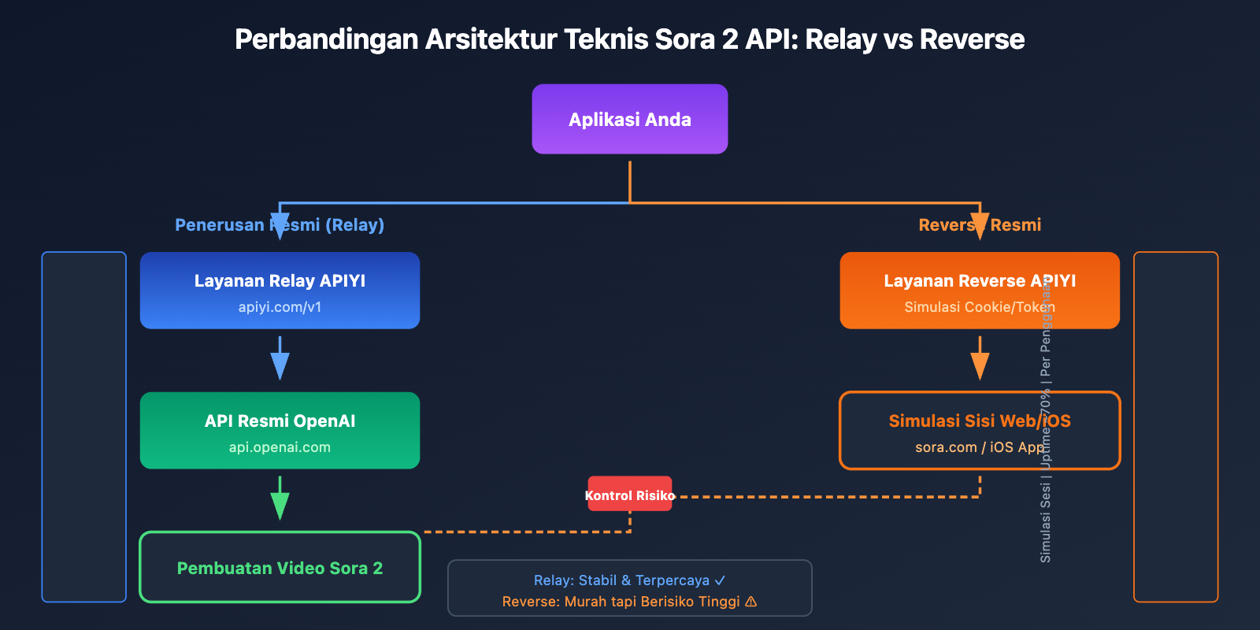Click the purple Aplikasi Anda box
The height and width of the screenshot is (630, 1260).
(629, 119)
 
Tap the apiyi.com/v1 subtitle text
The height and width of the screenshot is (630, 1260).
(280, 307)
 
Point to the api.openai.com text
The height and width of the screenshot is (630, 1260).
(280, 447)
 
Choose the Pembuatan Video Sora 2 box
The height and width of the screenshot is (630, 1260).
(280, 568)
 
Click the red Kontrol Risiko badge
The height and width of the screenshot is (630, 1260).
(629, 495)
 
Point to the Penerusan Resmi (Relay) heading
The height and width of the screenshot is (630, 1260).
(280, 225)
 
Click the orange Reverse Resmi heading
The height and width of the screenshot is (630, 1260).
(979, 225)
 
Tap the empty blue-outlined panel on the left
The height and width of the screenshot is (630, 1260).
(83, 427)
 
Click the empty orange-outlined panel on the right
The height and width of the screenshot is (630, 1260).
(1176, 427)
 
